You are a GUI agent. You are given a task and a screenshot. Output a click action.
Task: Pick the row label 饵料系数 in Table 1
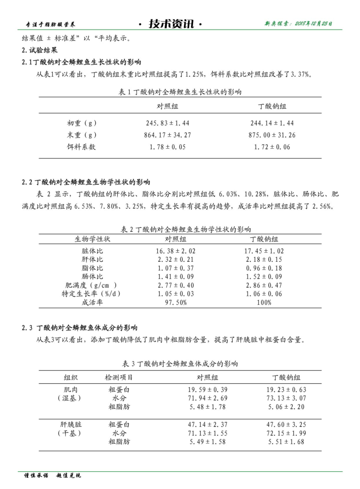81,147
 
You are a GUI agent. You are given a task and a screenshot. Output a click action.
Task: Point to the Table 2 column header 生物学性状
92,239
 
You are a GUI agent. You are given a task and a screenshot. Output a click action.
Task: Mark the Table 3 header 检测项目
119,377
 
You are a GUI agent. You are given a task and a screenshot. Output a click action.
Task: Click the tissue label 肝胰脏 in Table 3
71,425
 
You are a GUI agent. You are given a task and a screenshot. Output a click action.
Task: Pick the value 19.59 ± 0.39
208,390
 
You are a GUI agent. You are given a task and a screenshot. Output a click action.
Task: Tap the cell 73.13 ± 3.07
286,398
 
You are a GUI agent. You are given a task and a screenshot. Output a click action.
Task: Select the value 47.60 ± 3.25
286,425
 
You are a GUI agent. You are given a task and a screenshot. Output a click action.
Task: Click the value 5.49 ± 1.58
208,442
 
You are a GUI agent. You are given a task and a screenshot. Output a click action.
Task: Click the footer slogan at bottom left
52,476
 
